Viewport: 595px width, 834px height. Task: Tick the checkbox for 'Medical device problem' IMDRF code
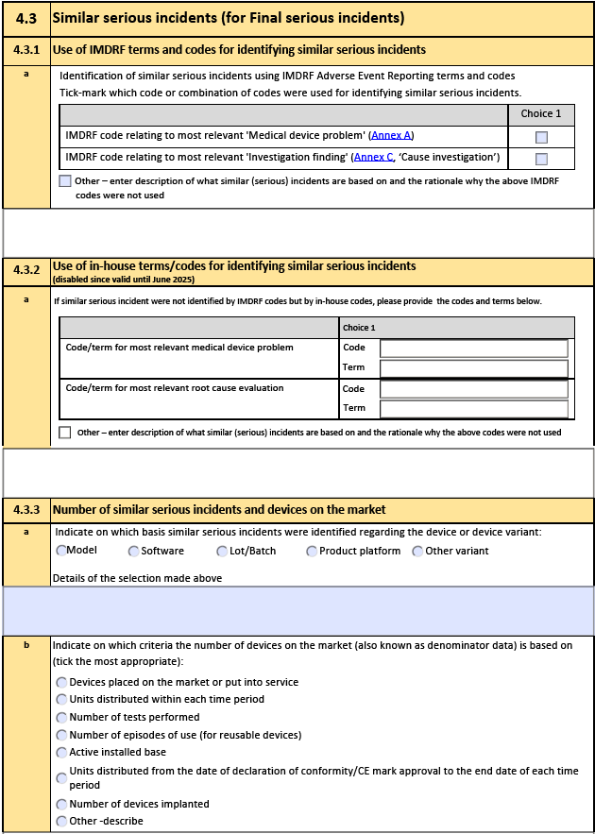point(541,136)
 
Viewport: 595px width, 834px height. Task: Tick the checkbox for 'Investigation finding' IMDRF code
point(541,159)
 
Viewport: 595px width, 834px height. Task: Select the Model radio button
point(61,551)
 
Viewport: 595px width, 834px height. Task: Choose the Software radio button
point(134,551)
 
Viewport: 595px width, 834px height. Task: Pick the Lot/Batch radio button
point(222,551)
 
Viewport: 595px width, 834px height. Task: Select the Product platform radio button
point(311,551)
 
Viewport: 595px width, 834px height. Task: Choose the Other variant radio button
point(417,551)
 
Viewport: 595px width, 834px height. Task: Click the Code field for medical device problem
point(473,349)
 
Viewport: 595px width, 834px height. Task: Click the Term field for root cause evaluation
point(473,409)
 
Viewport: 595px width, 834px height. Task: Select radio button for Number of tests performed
point(62,717)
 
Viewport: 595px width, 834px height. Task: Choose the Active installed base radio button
point(62,752)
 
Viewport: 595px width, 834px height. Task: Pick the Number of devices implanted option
point(62,804)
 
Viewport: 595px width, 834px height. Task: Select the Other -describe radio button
point(62,821)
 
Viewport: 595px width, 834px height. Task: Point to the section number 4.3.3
point(26,510)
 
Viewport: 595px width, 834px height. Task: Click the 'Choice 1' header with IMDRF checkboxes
point(541,113)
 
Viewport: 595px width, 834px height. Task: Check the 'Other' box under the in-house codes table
point(65,433)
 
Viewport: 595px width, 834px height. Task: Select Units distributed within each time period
point(62,700)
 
